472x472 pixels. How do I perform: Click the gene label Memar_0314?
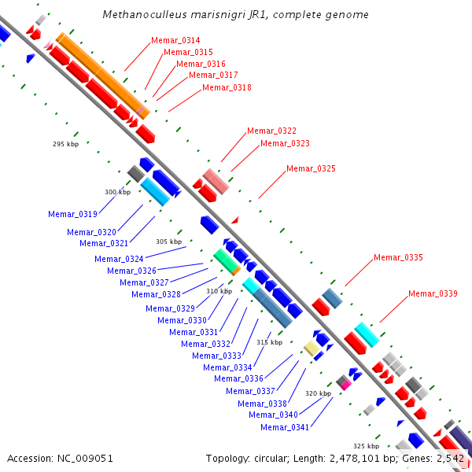pyautogui.click(x=175, y=40)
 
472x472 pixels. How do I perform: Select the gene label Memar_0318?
pyautogui.click(x=227, y=87)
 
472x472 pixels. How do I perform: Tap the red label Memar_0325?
pyautogui.click(x=311, y=168)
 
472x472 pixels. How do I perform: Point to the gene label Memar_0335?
pyautogui.click(x=398, y=257)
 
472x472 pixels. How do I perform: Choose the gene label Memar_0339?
pyautogui.click(x=433, y=293)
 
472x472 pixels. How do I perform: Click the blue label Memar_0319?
pyautogui.click(x=72, y=214)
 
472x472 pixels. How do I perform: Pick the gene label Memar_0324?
pyautogui.click(x=119, y=259)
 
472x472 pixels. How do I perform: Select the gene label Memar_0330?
pyautogui.click(x=182, y=320)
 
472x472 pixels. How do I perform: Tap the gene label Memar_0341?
pyautogui.click(x=285, y=427)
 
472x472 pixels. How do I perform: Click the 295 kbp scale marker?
pyautogui.click(x=65, y=144)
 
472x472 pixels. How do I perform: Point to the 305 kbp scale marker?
pyautogui.click(x=168, y=242)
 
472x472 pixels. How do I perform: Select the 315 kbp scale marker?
pyautogui.click(x=269, y=342)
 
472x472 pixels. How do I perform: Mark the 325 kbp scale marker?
pyautogui.click(x=366, y=446)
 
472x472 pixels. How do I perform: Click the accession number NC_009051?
pyautogui.click(x=85, y=459)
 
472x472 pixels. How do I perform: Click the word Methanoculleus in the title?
pyautogui.click(x=146, y=14)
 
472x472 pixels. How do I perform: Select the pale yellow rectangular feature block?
pyautogui.click(x=312, y=348)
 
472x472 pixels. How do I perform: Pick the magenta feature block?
pyautogui.click(x=346, y=385)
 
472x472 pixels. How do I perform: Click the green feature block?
pyautogui.click(x=225, y=260)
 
